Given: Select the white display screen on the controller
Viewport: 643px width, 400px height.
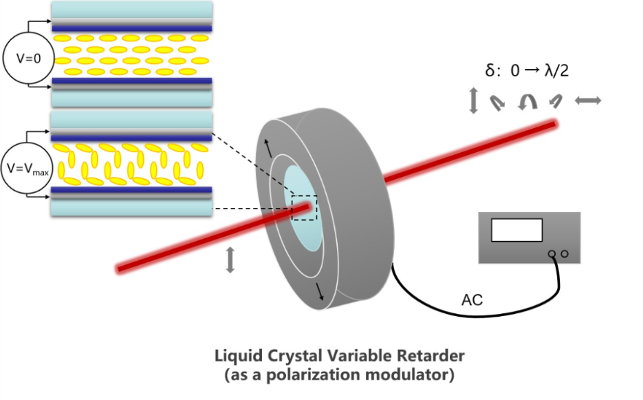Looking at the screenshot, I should click(x=516, y=229).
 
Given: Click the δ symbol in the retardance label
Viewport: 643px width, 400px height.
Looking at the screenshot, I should click(x=489, y=70).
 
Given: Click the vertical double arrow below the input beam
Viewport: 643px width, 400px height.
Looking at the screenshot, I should click(x=230, y=260).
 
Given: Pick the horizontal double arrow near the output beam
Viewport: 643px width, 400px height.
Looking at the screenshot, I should click(x=587, y=101).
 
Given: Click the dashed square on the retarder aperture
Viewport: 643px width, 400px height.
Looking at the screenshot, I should click(x=304, y=207).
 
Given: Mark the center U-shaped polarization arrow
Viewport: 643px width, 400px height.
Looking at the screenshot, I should click(x=528, y=102).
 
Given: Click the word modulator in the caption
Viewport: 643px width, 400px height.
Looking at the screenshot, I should click(x=406, y=375).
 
